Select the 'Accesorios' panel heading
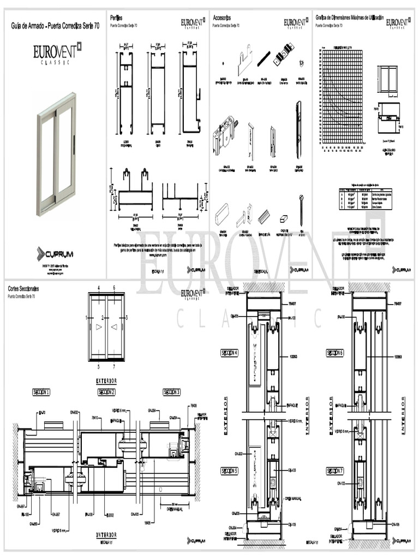pos(224,18)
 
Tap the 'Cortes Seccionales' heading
pos(27,288)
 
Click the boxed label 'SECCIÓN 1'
pos(41,392)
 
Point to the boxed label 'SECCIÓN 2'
pos(106,392)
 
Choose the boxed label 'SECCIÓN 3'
pos(171,392)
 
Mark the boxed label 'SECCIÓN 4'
pos(229,353)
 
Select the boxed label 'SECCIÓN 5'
pos(229,470)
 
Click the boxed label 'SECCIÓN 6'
pos(335,353)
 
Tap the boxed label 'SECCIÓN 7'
pos(335,470)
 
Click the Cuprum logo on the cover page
pos(55,254)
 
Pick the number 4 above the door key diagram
pos(99,287)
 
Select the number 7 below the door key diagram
pos(114,366)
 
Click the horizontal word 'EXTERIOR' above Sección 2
pos(106,380)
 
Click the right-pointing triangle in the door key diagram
pos(99,327)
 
